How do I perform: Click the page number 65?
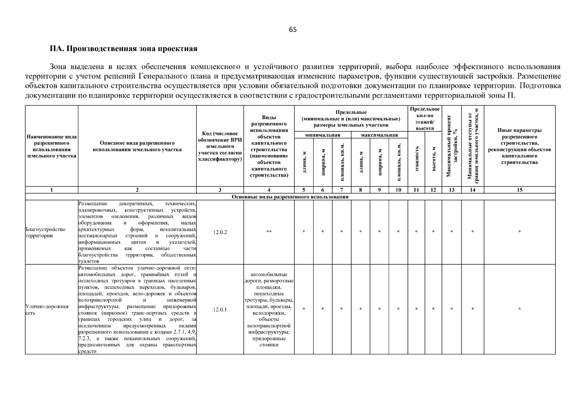[292, 30]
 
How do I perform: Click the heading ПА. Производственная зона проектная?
[124, 49]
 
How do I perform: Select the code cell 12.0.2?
[220, 232]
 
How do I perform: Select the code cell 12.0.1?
[220, 309]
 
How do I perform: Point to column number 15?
[519, 190]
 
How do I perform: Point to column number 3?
[220, 190]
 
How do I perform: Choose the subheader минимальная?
[323, 135]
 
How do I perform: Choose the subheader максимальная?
[379, 135]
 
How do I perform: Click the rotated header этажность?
[416, 159]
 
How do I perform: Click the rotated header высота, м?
[433, 159]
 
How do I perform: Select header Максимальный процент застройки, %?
[452, 146]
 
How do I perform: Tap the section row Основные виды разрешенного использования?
[290, 197]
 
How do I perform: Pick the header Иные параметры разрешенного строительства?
[519, 146]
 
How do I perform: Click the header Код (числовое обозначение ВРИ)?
[220, 146]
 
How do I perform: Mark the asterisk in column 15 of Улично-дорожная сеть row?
[519, 309]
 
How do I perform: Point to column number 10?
[398, 190]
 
